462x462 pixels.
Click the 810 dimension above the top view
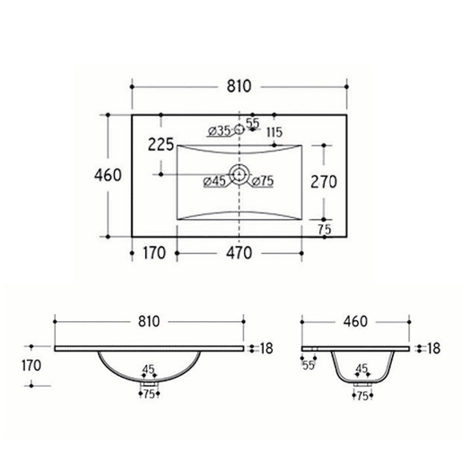[239, 86]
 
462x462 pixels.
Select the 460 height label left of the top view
[108, 175]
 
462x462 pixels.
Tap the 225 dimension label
[161, 144]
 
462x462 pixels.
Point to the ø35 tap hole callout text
[220, 131]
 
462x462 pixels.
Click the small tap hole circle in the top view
[240, 129]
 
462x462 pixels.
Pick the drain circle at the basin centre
[240, 174]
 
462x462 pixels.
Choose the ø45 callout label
[214, 181]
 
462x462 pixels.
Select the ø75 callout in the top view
[263, 181]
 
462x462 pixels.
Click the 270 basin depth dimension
[324, 182]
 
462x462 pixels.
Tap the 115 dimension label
[275, 132]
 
